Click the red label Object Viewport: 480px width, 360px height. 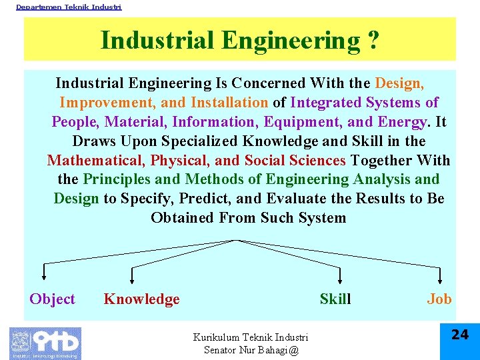point(52,299)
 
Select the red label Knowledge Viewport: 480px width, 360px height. point(141,299)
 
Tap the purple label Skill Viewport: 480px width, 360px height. point(335,299)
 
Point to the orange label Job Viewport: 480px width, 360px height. point(439,299)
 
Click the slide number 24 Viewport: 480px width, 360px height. point(460,335)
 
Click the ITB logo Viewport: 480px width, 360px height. point(45,343)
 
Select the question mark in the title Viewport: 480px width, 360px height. point(373,41)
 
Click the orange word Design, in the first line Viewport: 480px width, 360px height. point(399,83)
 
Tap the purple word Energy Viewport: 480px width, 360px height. point(402,122)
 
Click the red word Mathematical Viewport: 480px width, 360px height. point(95,161)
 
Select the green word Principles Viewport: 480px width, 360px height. point(115,179)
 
